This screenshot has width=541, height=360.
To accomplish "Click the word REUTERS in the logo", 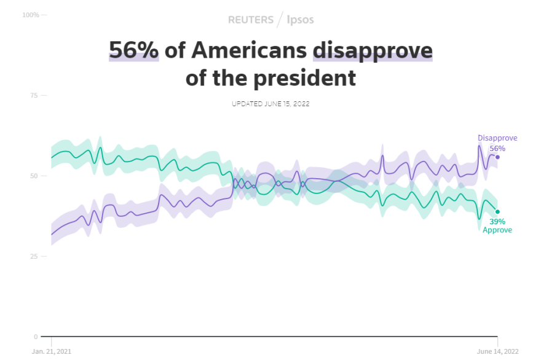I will click(x=250, y=20).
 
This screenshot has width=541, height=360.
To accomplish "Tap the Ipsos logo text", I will click(x=301, y=20).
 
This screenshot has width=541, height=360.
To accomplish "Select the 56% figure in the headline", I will click(x=134, y=50).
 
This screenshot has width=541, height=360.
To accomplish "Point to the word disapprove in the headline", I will click(x=373, y=50).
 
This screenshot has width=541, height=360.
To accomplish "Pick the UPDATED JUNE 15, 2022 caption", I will click(x=270, y=104).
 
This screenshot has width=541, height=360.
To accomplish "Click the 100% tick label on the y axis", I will click(x=30, y=14).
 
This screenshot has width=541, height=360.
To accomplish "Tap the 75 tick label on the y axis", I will click(x=34, y=95).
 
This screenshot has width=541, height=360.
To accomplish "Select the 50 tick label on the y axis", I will click(x=34, y=176).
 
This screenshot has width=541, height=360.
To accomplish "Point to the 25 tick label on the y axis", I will click(x=34, y=256).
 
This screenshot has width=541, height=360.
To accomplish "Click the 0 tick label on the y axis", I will click(x=36, y=337).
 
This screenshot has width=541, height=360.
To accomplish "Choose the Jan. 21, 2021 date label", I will click(x=51, y=351).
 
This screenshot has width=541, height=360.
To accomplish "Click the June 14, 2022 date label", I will click(x=497, y=351).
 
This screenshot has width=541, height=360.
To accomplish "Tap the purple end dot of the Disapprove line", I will click(x=497, y=157).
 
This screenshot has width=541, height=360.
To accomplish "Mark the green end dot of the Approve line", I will click(x=497, y=212).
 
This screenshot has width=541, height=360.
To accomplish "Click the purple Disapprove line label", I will click(x=497, y=138).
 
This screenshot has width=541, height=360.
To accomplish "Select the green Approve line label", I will click(x=497, y=230).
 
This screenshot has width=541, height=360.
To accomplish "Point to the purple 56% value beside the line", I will click(x=497, y=148).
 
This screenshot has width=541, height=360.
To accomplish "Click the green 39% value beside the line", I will click(x=497, y=221).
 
